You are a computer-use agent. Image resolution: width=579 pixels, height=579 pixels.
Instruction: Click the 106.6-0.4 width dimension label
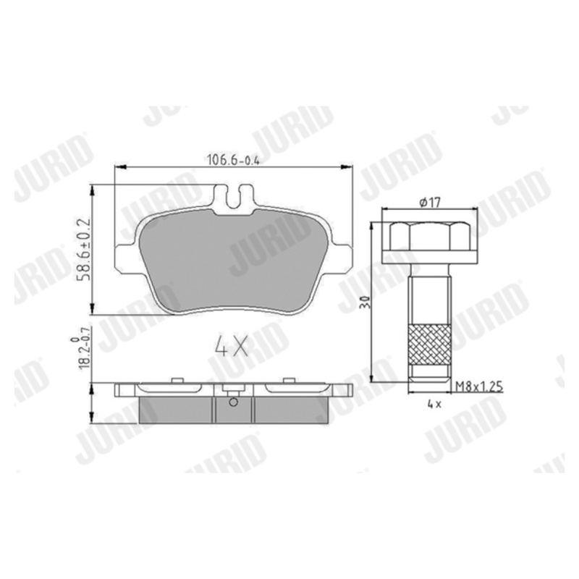point(233,160)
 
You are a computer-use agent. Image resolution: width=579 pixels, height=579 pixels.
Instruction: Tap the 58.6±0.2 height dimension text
point(83,249)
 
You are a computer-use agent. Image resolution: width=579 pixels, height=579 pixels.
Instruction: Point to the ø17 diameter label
point(430,203)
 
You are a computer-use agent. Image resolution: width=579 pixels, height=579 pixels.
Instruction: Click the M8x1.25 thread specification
point(479,386)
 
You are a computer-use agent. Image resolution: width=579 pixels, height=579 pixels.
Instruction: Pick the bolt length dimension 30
point(367,302)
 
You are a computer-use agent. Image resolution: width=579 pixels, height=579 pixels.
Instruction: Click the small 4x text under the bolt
point(434,404)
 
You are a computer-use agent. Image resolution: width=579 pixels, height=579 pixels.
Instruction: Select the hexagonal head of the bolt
point(430,236)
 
